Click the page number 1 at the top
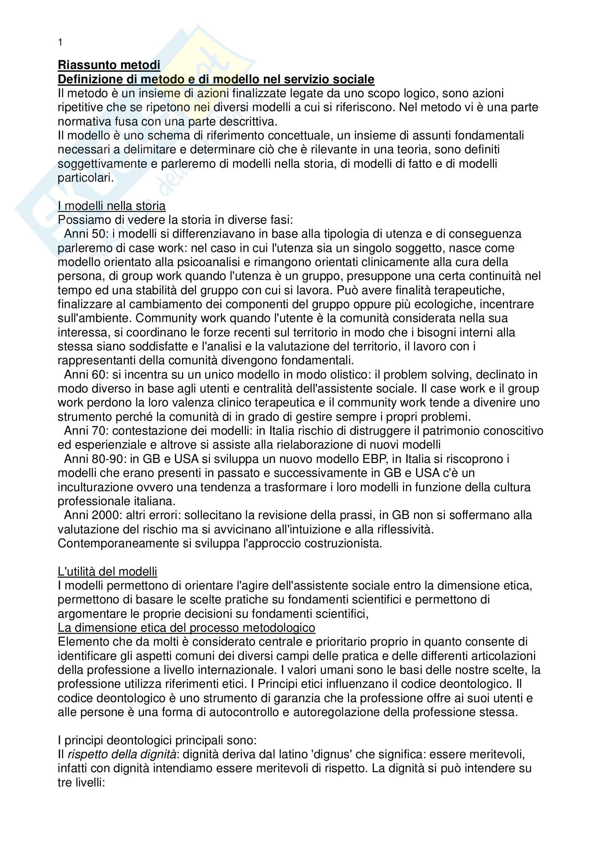[60, 43]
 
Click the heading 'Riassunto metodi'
[109, 65]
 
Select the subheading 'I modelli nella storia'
[112, 206]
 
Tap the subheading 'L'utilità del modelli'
[107, 572]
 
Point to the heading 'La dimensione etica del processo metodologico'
[186, 628]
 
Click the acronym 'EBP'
[375, 459]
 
